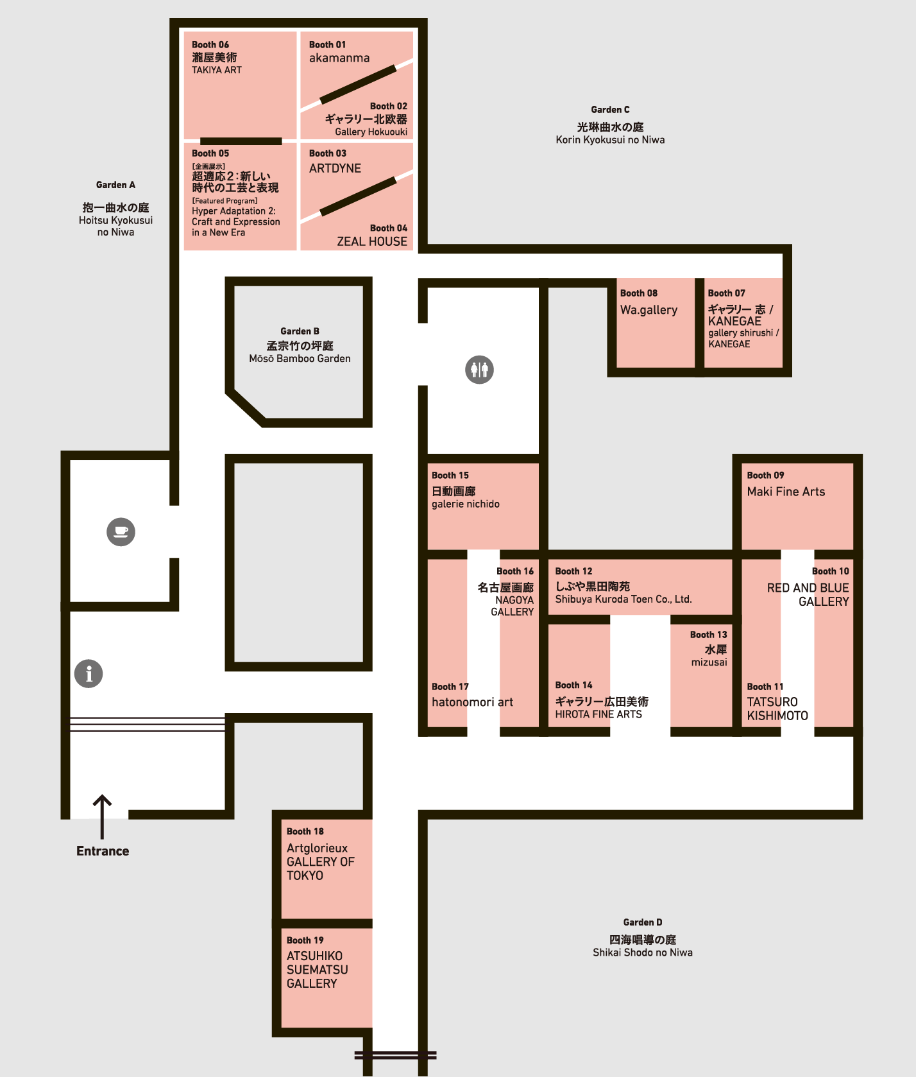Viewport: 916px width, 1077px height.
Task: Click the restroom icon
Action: point(479,370)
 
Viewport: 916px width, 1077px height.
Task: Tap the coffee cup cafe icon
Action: point(121,531)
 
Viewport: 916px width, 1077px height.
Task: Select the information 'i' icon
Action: point(89,674)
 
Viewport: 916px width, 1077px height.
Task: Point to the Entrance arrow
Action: point(102,817)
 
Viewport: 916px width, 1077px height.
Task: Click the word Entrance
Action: point(103,851)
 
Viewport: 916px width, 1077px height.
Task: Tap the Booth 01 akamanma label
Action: point(339,58)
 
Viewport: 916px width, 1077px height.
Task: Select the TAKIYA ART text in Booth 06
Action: point(217,70)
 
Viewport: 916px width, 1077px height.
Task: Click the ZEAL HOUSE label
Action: point(372,241)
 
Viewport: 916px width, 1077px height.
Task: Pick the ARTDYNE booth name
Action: point(335,168)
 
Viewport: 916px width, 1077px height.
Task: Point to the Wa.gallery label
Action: point(649,310)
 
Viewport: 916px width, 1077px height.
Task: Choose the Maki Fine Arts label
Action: point(786,492)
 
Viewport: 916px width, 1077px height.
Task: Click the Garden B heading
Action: point(300,331)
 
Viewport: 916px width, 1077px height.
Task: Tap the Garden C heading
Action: point(610,110)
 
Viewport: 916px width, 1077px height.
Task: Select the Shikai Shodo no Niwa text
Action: point(643,952)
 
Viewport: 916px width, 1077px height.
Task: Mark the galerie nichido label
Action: point(466,504)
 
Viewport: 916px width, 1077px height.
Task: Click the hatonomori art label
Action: point(473,702)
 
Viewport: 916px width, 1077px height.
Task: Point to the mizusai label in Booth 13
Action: point(709,662)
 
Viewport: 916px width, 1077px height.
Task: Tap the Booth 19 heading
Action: point(305,940)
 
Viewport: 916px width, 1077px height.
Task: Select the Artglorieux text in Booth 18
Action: point(317,849)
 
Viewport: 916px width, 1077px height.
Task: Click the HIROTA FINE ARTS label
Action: point(598,714)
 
